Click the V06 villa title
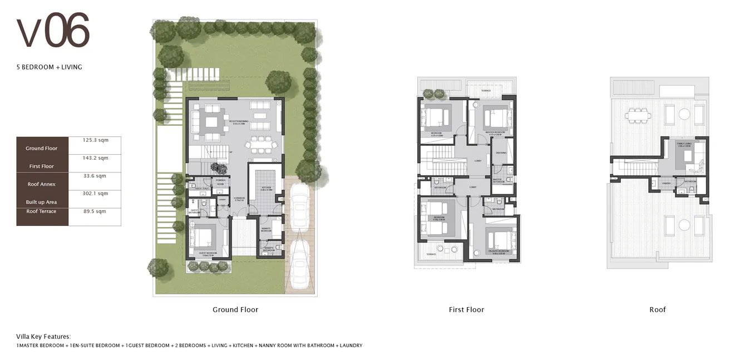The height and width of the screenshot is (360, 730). (x=53, y=33)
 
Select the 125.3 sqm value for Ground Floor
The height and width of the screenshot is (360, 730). (x=95, y=140)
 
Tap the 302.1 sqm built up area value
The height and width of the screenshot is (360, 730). (x=95, y=194)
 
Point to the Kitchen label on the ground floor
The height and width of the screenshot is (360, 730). (x=267, y=188)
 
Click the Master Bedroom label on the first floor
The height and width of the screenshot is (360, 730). (x=495, y=132)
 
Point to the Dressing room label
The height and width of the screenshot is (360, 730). (x=501, y=152)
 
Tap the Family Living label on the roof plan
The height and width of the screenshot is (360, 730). (x=683, y=144)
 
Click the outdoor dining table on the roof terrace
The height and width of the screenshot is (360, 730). (x=638, y=117)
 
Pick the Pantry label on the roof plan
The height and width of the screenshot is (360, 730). (x=666, y=183)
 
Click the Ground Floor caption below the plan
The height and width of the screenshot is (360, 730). (x=235, y=310)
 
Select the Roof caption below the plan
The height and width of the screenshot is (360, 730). (x=657, y=310)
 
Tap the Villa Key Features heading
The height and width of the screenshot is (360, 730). (x=43, y=337)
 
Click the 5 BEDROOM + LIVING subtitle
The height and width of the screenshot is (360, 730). (x=49, y=67)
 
